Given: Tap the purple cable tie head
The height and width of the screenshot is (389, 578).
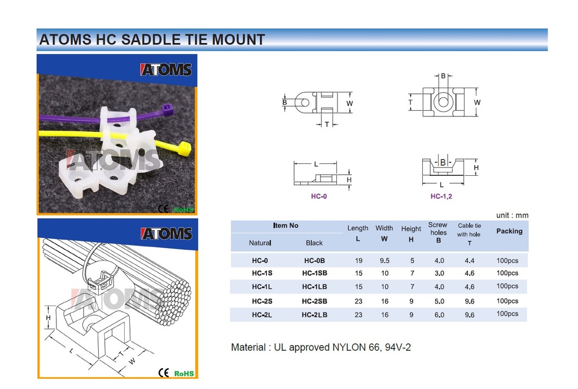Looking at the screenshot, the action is point(168,110).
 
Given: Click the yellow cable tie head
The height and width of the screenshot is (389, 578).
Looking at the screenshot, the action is point(185,148).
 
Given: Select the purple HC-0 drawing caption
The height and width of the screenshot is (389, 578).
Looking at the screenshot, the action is point(319,196).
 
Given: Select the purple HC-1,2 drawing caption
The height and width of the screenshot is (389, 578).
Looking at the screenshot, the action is point(441,196).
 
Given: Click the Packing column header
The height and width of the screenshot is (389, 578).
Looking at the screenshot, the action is point(510,231).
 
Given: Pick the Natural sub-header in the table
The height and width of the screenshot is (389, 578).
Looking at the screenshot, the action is point(260,243).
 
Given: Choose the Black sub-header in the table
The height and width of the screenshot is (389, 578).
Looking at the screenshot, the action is point(314,243).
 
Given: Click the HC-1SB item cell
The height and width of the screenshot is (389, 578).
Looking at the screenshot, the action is point(314,273).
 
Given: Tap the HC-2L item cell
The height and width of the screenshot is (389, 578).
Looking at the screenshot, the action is point(262,315).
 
